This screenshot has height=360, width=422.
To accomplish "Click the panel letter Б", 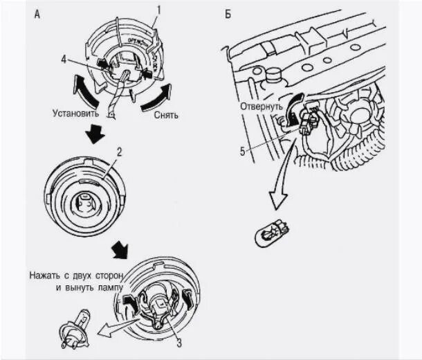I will pos(228,15).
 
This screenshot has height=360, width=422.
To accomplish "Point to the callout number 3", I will pos(178,341).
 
